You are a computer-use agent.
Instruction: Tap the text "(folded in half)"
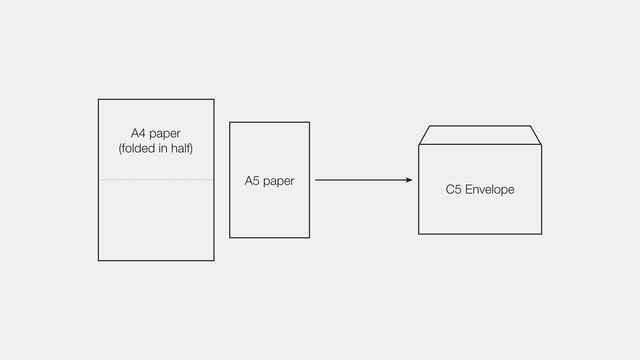[155, 149]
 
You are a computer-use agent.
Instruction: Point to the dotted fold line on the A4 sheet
[156, 180]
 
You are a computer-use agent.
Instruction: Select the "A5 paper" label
[269, 181]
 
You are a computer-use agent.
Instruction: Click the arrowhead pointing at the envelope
[409, 180]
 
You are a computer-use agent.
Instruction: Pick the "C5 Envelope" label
[480, 189]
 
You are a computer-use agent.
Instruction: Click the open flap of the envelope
[480, 135]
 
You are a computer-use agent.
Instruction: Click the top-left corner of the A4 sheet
[99, 100]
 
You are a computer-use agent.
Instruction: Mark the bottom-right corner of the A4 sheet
[213, 260]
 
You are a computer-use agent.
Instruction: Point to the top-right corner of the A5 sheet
[309, 123]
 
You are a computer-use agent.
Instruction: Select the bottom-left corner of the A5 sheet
[230, 237]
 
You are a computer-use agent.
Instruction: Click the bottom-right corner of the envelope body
[541, 233]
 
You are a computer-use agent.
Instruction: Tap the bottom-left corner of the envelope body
[419, 233]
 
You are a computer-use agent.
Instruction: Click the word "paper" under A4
[166, 134]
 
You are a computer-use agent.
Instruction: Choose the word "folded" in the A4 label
[140, 149]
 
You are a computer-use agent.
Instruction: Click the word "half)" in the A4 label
[181, 149]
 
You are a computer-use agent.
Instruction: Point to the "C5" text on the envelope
[454, 189]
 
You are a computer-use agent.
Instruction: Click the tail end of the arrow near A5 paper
[316, 180]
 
